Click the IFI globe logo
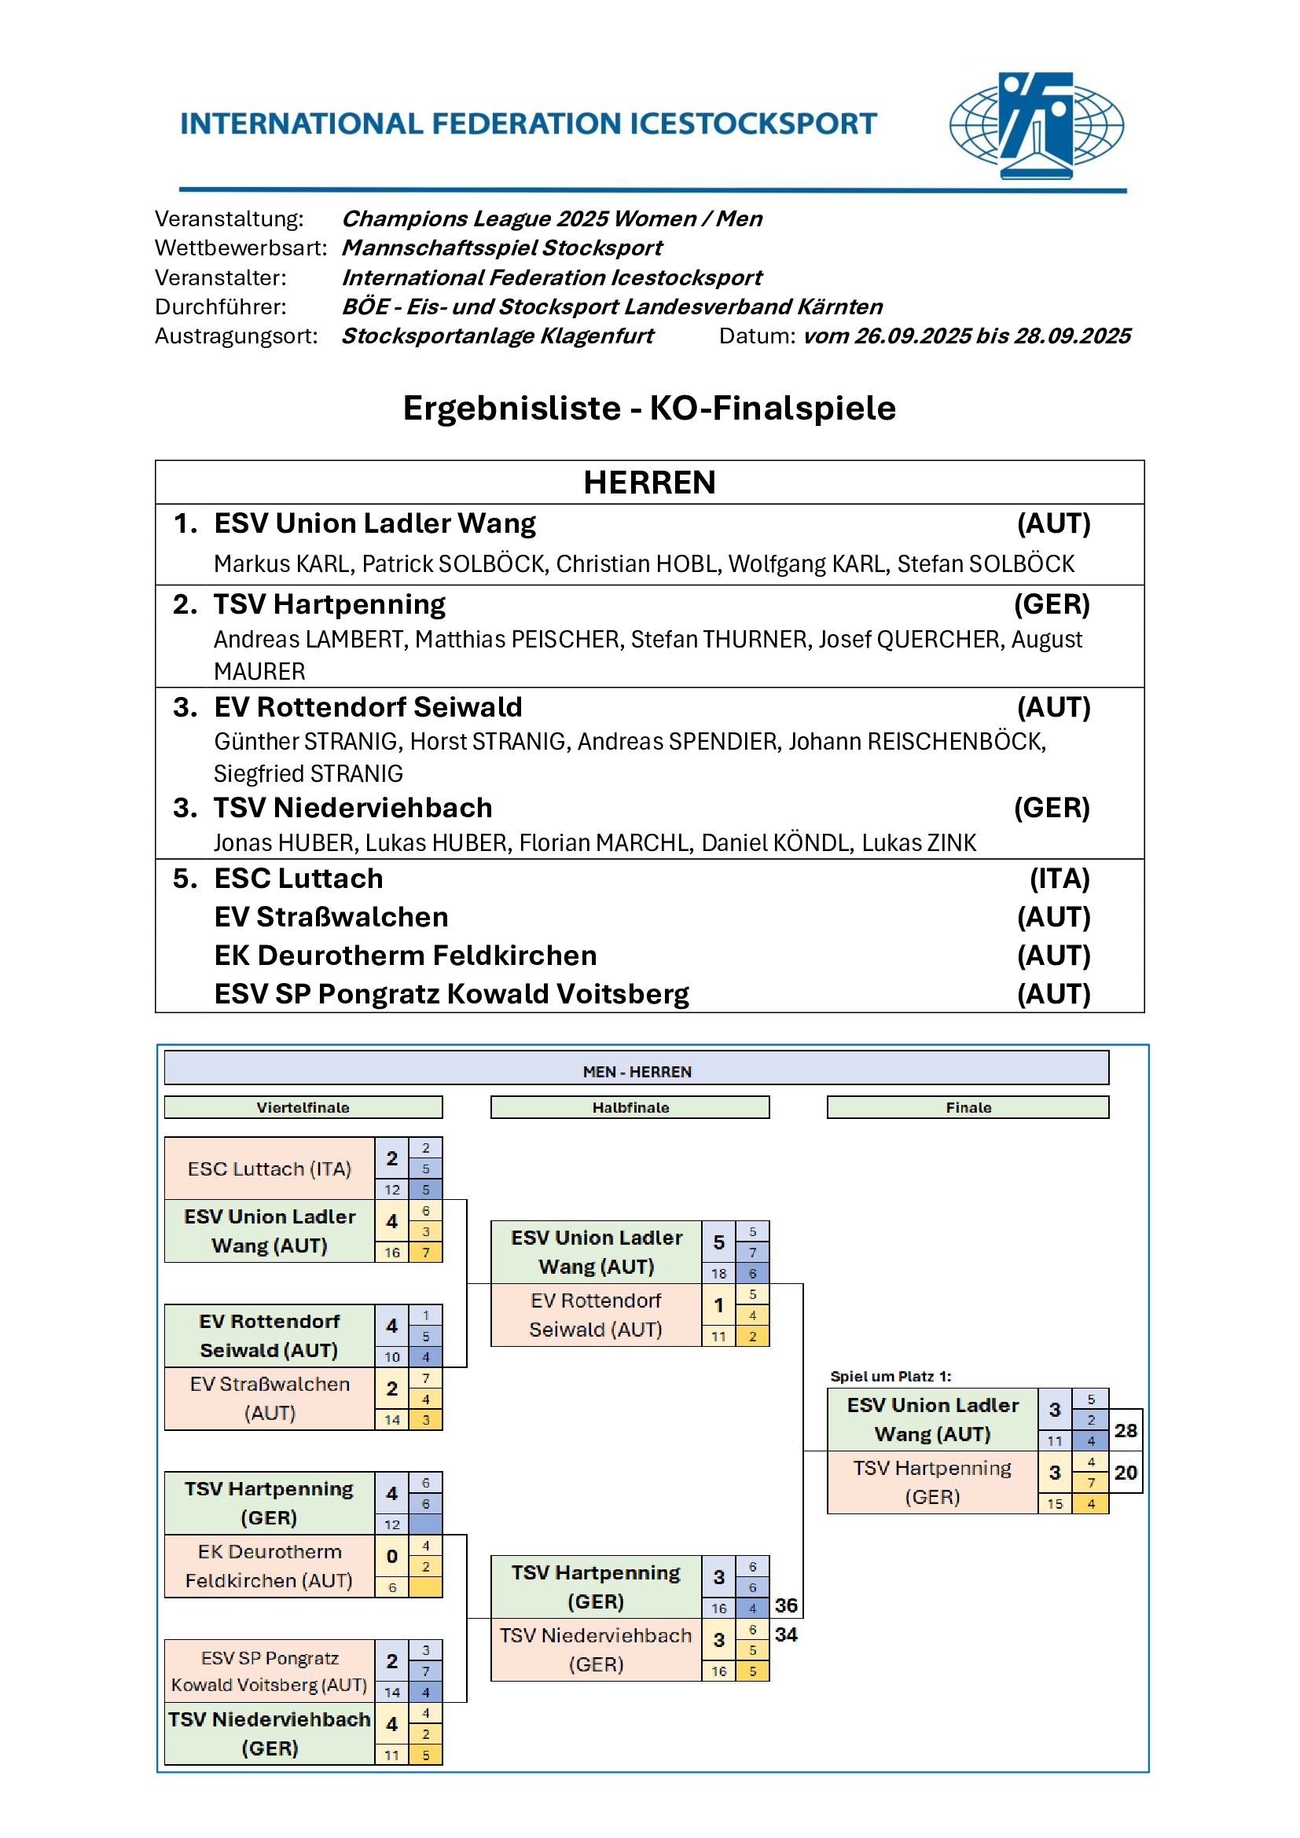(x=1036, y=126)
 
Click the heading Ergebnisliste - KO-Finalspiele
(x=649, y=409)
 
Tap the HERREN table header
(x=649, y=482)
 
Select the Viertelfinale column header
(x=303, y=1107)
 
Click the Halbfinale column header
(x=630, y=1107)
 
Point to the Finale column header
(x=968, y=1107)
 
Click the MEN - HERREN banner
(x=637, y=1071)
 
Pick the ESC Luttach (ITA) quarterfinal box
(x=270, y=1168)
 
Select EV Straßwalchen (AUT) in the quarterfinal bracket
(x=270, y=1399)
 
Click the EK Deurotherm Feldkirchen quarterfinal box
(x=270, y=1566)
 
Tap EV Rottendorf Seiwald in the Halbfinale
(x=596, y=1315)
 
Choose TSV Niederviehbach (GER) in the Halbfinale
(x=596, y=1650)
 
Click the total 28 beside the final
(x=1126, y=1430)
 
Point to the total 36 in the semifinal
(x=786, y=1606)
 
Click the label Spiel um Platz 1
(x=891, y=1376)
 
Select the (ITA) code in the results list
(x=1059, y=879)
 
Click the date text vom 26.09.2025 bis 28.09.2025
(x=967, y=336)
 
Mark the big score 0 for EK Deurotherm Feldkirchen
(x=391, y=1556)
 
